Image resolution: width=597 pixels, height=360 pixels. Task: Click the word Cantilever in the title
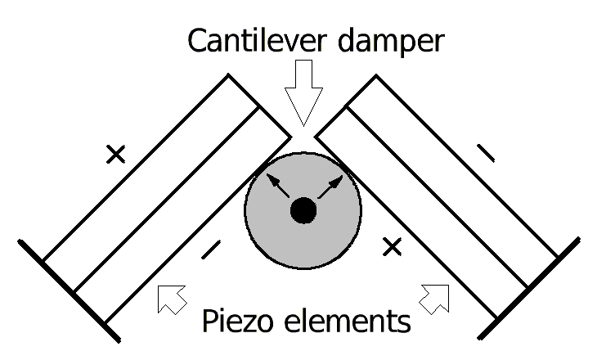point(246,41)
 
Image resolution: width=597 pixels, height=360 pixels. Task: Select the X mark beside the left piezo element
point(116,153)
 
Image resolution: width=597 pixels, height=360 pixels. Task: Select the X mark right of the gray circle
point(393,246)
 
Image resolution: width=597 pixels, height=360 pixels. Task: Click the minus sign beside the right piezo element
point(485,151)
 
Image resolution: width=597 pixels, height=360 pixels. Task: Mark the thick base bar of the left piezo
point(70,291)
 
